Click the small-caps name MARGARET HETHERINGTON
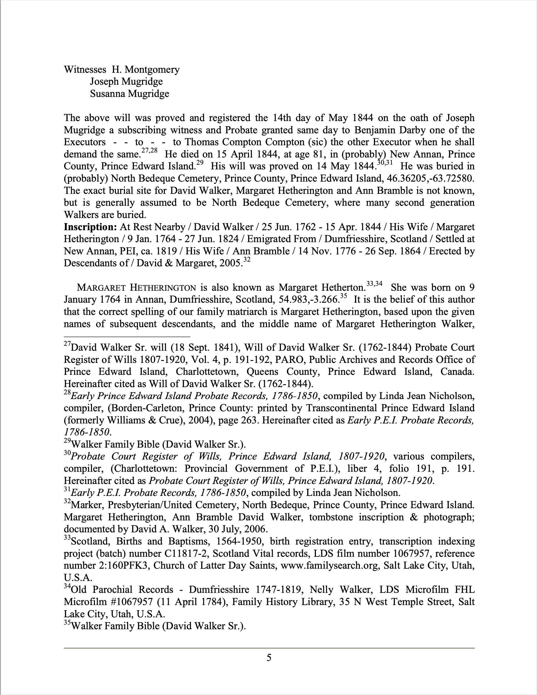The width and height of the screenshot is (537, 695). tap(136, 288)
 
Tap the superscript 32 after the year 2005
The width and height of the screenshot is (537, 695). tap(247, 260)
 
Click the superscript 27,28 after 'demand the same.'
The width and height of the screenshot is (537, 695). tap(149, 151)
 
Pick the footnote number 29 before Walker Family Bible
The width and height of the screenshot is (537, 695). tap(67, 441)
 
